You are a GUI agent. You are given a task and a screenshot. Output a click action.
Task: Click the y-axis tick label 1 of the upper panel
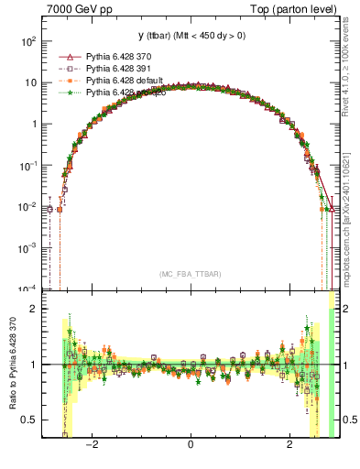click(33, 124)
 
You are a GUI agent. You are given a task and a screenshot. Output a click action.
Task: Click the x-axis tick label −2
click(92, 445)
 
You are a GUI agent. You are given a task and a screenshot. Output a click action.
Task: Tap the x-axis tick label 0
click(190, 445)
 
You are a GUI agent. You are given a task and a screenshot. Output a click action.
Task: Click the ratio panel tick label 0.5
click(28, 420)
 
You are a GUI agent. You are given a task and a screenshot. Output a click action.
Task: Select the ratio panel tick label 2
click(33, 309)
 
